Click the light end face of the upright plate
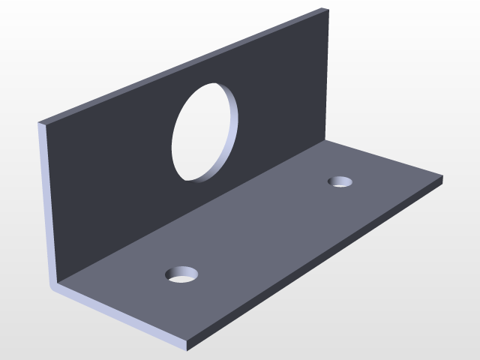click(46, 202)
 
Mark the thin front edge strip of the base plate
click(120, 319)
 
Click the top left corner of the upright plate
click(40, 122)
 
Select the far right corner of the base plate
click(442, 178)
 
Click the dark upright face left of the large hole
click(112, 172)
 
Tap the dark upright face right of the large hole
click(285, 90)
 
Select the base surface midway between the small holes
click(262, 229)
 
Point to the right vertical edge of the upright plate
click(328, 75)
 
